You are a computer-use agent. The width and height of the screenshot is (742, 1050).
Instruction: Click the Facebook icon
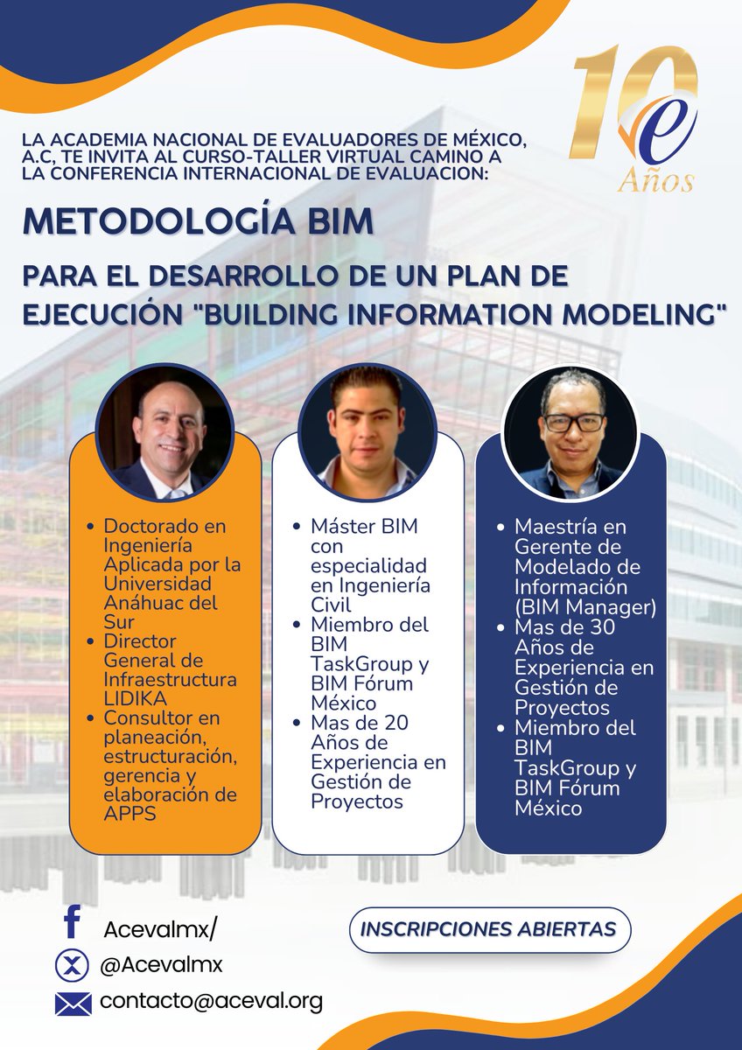73,924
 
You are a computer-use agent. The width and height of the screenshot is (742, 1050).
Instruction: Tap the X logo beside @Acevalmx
73,966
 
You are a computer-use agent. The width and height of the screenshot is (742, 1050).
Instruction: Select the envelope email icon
73,1003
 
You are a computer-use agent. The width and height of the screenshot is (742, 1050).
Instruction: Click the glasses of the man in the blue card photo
572,422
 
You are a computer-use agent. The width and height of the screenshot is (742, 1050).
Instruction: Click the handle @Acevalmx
162,964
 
